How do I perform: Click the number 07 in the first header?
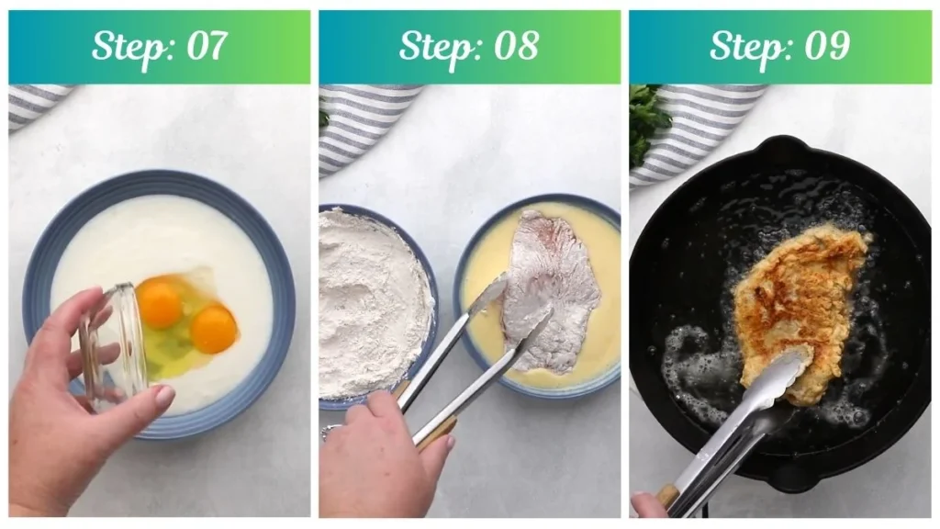pos(207,46)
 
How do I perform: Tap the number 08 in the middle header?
pos(516,46)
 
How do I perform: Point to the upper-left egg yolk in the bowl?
pos(159,301)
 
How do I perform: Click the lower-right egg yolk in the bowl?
pos(213,329)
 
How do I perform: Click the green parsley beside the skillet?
pos(647,123)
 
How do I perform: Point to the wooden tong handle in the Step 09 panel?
pos(666,495)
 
